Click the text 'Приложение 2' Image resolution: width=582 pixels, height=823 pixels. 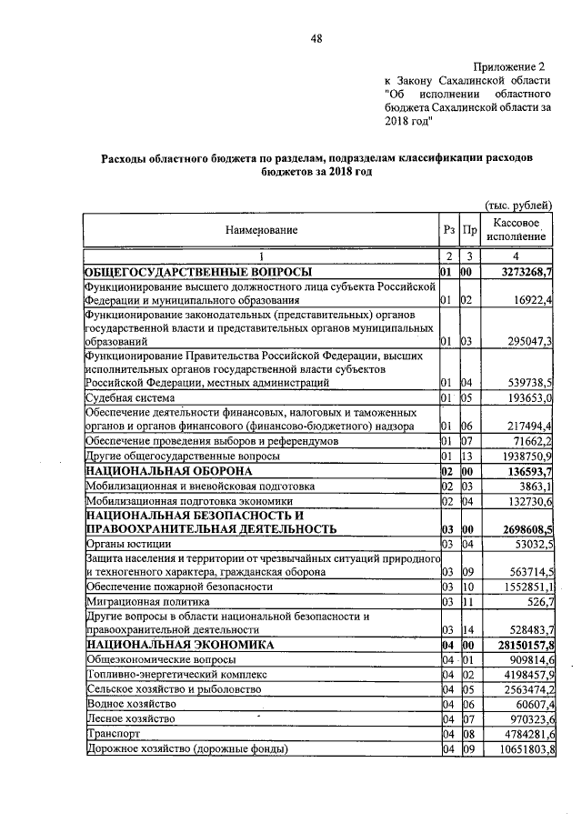point(512,67)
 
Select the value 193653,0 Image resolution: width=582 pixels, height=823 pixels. point(529,398)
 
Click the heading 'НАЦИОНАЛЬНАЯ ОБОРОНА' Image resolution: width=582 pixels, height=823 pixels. point(169,472)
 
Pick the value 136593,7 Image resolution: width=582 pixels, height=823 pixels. point(530,472)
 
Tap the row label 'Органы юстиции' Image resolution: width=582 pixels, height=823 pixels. point(124,544)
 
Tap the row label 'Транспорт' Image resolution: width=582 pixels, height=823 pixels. point(111,732)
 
